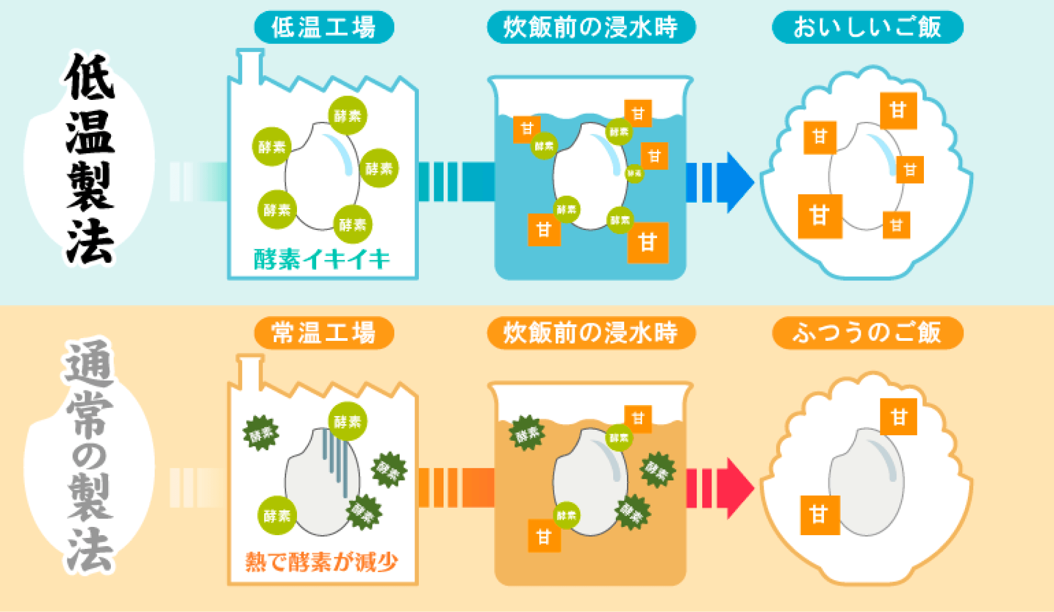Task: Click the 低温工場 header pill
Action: (x=324, y=27)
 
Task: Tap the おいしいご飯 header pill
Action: (x=867, y=27)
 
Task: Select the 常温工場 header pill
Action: (x=324, y=333)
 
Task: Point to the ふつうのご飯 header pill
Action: (x=867, y=333)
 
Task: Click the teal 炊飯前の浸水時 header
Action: (x=591, y=27)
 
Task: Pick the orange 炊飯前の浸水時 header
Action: (x=591, y=333)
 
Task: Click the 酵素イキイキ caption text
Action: (x=322, y=259)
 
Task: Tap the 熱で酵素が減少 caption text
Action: (x=322, y=562)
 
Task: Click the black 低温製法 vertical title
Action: (x=89, y=159)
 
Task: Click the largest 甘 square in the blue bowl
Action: (x=820, y=216)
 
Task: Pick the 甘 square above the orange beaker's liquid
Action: (x=638, y=419)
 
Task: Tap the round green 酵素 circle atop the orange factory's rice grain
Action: (x=347, y=422)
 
